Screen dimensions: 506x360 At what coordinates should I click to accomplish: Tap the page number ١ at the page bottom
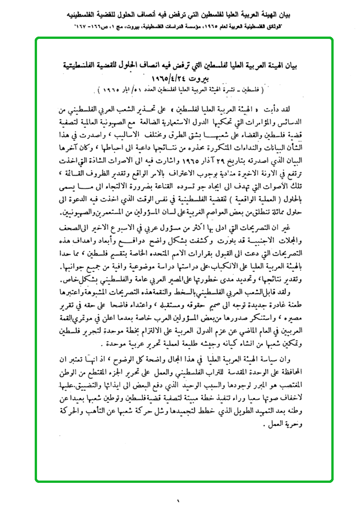point(178,499)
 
